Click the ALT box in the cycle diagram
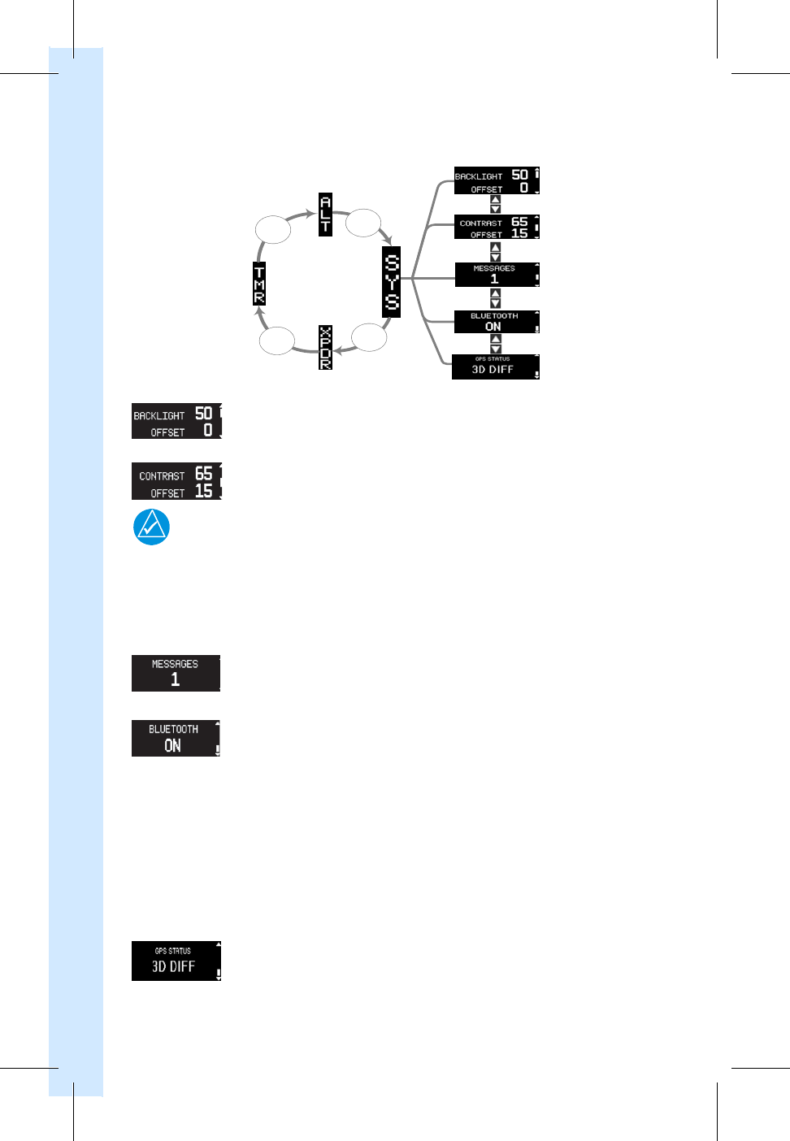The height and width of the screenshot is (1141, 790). pyautogui.click(x=325, y=215)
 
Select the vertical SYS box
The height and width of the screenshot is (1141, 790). pyautogui.click(x=392, y=282)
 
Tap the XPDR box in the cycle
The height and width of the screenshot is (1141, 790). pyautogui.click(x=325, y=347)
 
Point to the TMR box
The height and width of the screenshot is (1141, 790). pyautogui.click(x=259, y=284)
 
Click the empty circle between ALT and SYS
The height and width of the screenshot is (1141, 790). pyautogui.click(x=363, y=223)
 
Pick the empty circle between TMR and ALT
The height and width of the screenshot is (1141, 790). pyautogui.click(x=273, y=229)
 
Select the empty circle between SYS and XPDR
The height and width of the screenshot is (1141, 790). pyautogui.click(x=369, y=337)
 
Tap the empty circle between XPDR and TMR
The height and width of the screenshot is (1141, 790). pyautogui.click(x=276, y=341)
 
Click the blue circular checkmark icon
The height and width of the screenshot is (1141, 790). pyautogui.click(x=151, y=527)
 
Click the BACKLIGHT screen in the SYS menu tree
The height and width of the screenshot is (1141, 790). pyautogui.click(x=496, y=181)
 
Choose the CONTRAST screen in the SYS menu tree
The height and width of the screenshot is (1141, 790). pyautogui.click(x=496, y=227)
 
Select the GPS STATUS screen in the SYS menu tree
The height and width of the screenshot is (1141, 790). pyautogui.click(x=495, y=367)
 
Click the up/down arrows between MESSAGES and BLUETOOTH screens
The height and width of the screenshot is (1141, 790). pyautogui.click(x=496, y=298)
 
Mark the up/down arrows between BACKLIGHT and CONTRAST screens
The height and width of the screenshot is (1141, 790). pyautogui.click(x=496, y=204)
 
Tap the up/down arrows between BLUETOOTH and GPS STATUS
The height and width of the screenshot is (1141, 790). pyautogui.click(x=496, y=344)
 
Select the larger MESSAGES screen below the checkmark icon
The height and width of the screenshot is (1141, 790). pyautogui.click(x=176, y=673)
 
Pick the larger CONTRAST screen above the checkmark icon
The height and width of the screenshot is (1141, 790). pyautogui.click(x=176, y=481)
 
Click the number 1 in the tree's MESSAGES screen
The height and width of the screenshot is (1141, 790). pyautogui.click(x=494, y=279)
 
